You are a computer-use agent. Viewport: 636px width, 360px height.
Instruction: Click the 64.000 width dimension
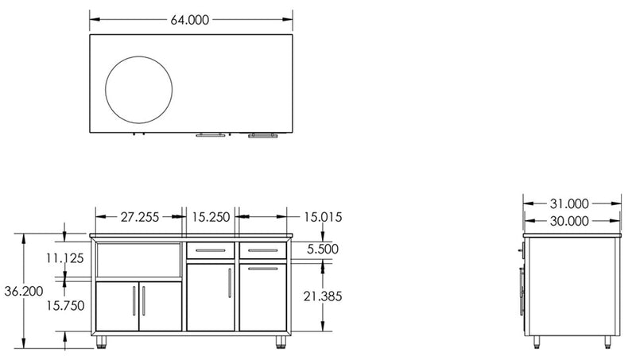(x=190, y=21)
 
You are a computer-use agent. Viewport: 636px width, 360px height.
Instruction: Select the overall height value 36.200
(x=23, y=292)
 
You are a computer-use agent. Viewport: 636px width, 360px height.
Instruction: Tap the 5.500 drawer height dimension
(x=321, y=249)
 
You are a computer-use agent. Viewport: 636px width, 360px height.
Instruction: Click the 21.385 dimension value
(x=321, y=296)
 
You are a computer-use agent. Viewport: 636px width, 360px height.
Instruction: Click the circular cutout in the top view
(x=138, y=89)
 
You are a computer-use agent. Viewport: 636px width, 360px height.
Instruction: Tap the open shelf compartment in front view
(x=138, y=262)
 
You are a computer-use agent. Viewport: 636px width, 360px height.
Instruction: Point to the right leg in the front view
(x=281, y=343)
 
